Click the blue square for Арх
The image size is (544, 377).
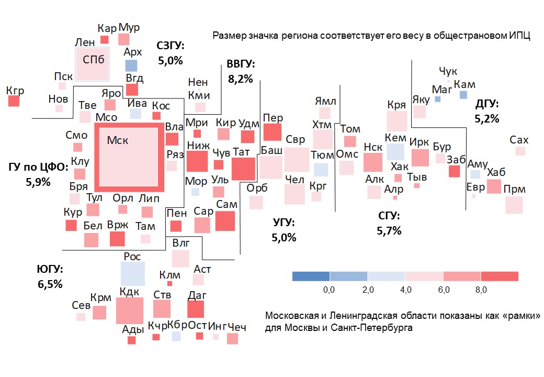click(x=131, y=65)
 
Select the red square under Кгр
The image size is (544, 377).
click(x=14, y=101)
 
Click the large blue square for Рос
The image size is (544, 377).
click(x=132, y=273)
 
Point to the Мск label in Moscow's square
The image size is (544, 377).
click(x=117, y=140)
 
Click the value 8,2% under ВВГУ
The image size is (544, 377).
click(x=240, y=80)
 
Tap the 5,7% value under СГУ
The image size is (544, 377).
click(x=389, y=230)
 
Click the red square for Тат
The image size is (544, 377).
click(x=243, y=169)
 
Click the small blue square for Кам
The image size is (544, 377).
click(x=463, y=95)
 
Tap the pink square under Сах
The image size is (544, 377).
click(x=520, y=151)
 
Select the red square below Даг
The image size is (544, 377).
click(x=196, y=309)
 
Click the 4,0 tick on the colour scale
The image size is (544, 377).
click(x=405, y=290)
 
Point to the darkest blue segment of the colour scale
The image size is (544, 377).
click(x=311, y=276)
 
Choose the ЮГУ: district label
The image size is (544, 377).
click(x=50, y=270)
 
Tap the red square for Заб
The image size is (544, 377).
click(x=454, y=171)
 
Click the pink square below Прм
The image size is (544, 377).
click(x=514, y=205)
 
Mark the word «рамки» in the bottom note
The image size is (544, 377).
click(x=519, y=316)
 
